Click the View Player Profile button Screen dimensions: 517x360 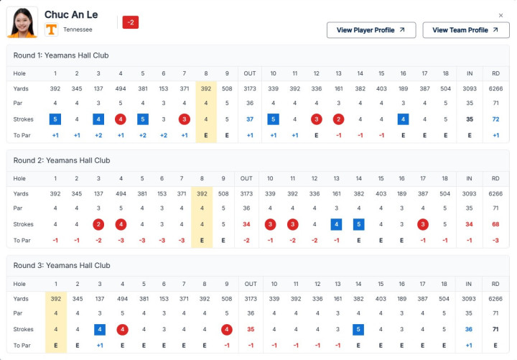[x=371, y=30]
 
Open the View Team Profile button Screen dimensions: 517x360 [x=465, y=30]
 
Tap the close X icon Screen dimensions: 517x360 [x=500, y=15]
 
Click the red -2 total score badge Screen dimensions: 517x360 [x=131, y=22]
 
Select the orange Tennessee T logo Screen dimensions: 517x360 [x=51, y=29]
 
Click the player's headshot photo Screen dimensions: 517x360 [x=22, y=22]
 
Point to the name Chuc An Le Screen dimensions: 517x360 [x=71, y=14]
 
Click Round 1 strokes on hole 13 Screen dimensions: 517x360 [x=338, y=119]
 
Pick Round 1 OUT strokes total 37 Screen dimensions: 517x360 [x=250, y=119]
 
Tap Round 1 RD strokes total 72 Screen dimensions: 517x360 [x=495, y=119]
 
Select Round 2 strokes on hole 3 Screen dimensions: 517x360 [x=98, y=224]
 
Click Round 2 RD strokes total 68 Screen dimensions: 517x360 [x=495, y=224]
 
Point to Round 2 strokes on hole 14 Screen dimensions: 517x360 [x=359, y=224]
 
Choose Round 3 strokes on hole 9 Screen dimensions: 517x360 [x=226, y=329]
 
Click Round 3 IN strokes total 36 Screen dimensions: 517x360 [x=468, y=329]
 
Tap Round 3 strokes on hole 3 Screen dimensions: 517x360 [x=100, y=329]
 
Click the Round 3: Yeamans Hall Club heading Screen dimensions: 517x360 [x=62, y=266]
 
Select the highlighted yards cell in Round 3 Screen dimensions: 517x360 [x=56, y=299]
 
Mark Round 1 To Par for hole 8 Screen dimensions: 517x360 [x=206, y=135]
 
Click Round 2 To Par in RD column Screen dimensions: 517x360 [x=495, y=241]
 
